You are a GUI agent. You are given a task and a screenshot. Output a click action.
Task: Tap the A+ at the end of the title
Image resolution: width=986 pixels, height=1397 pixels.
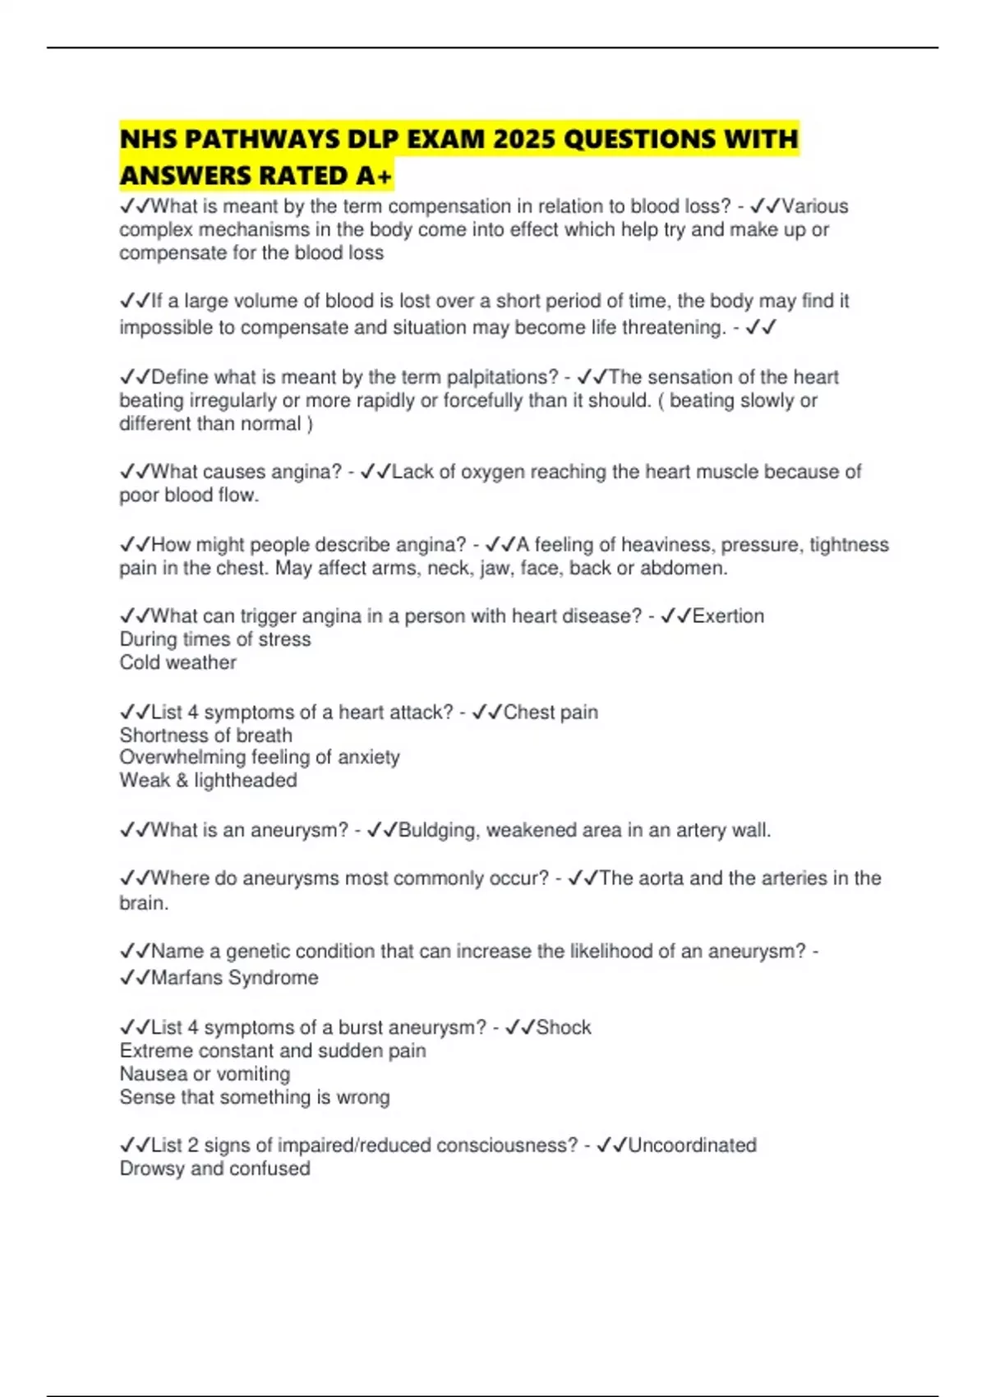375,176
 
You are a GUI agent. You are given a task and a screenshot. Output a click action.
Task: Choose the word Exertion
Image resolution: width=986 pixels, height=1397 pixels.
728,616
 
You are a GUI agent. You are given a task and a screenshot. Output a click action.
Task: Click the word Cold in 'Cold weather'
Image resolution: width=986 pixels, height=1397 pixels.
136,662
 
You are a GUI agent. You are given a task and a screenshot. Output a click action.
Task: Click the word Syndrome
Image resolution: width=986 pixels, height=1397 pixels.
274,978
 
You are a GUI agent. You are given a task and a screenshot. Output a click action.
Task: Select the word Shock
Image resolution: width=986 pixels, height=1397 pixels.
564,1027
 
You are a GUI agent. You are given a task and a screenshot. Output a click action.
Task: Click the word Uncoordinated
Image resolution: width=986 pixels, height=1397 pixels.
692,1146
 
